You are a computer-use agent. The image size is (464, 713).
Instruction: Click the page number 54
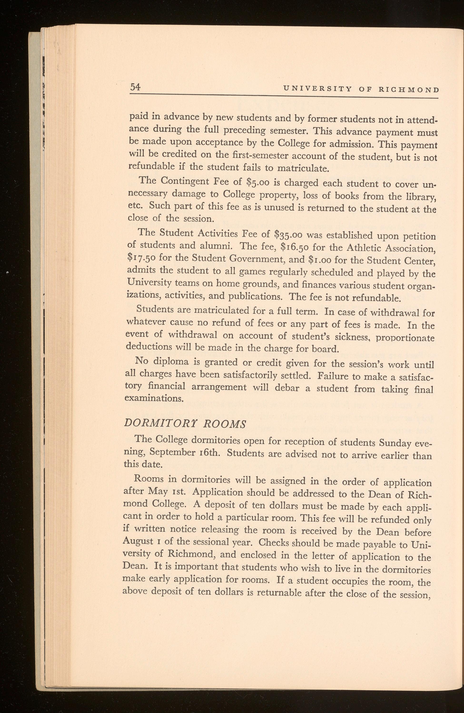click(135, 87)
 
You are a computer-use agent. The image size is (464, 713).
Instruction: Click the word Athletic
click(362, 247)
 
